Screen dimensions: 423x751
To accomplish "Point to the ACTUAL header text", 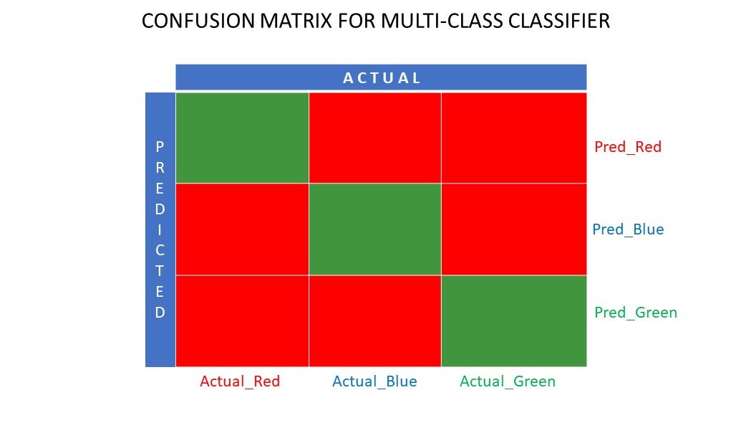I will tap(382, 78).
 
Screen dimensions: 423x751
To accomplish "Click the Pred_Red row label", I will tap(628, 147).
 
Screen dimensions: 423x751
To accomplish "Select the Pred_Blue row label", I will tap(628, 230).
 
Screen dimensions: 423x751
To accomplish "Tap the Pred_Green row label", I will tap(636, 313).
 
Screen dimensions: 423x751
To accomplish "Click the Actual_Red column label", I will tap(240, 381).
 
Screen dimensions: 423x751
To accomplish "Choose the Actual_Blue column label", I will tap(374, 381).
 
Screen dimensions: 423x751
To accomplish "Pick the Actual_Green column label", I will tap(508, 381).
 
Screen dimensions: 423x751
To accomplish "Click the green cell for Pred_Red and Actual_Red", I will tap(242, 138).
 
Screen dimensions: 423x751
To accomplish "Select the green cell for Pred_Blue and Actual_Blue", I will tap(374, 229).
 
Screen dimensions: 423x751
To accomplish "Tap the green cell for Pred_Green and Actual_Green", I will tap(513, 320).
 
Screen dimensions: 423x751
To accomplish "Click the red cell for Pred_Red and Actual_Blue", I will tap(374, 138).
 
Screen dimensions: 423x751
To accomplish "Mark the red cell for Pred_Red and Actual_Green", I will tap(513, 138).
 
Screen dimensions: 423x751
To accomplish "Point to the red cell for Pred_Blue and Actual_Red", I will tap(242, 229).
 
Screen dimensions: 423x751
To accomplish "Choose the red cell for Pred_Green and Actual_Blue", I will tap(374, 320).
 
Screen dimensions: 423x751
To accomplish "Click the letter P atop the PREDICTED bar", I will tap(160, 147).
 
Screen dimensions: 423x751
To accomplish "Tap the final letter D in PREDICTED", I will tap(160, 313).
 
